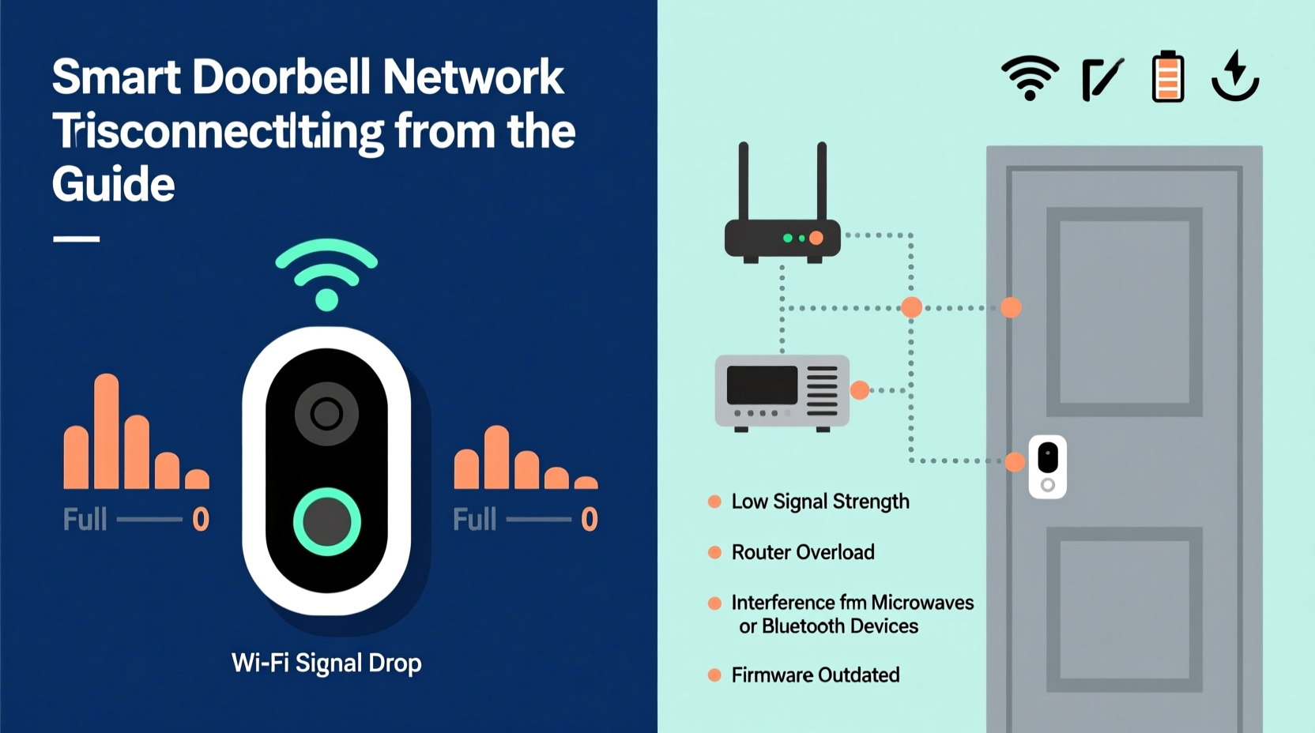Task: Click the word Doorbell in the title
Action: point(281,77)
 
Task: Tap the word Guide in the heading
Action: point(113,185)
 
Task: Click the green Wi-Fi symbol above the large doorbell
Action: point(326,273)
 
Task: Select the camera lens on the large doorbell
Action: point(326,413)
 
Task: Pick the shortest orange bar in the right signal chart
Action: point(586,483)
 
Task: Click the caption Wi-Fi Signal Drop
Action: point(326,663)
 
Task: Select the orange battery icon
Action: point(1168,77)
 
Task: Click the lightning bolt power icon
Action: point(1235,76)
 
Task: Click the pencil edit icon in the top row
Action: point(1102,79)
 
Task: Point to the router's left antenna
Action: point(743,182)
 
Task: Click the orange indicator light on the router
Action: point(816,238)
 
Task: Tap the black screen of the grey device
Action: point(762,385)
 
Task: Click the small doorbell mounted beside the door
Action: point(1047,466)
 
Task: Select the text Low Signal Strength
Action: point(820,502)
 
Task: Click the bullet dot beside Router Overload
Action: point(714,552)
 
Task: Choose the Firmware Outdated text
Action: point(816,675)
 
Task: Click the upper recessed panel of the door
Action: point(1124,312)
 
